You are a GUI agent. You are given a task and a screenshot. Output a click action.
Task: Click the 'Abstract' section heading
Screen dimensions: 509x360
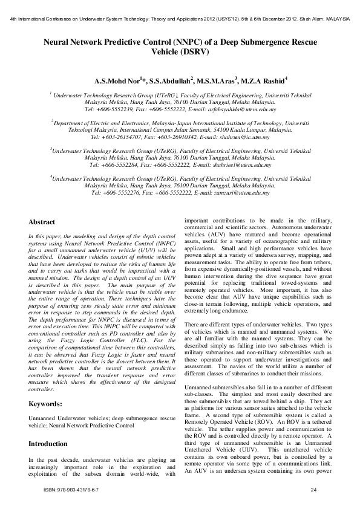[x=42, y=222]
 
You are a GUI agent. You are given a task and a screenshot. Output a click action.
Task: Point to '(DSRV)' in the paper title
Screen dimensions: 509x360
[x=180, y=52]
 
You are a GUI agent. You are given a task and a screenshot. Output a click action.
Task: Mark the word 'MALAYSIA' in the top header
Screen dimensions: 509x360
[x=335, y=19]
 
